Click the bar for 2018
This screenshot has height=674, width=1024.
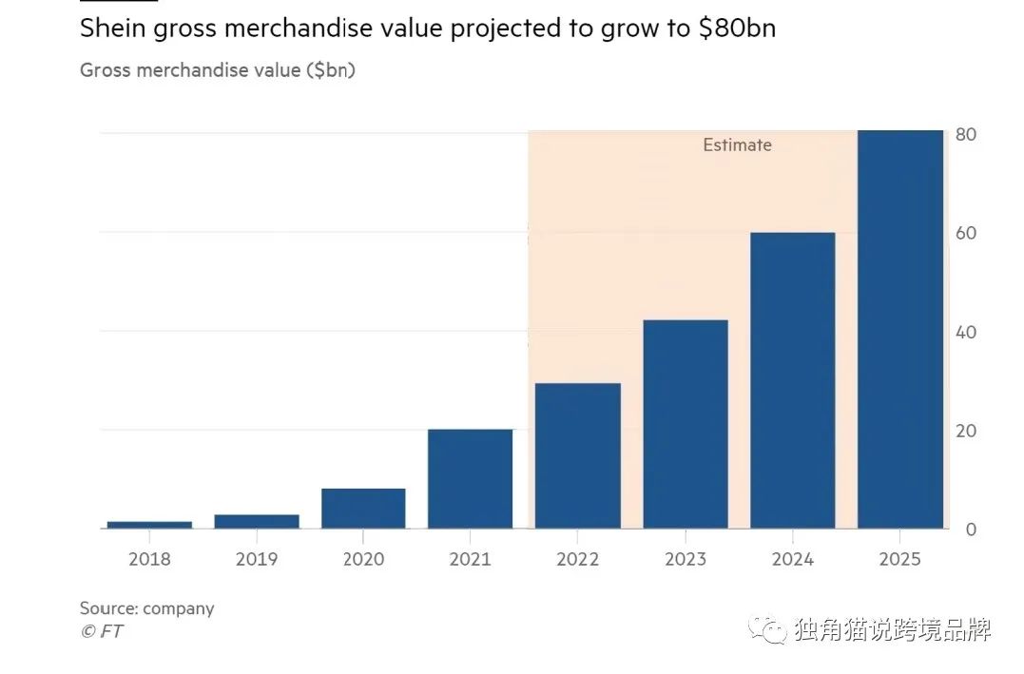pyautogui.click(x=149, y=524)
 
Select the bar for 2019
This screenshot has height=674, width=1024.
pyautogui.click(x=256, y=521)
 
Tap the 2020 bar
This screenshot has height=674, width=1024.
pyautogui.click(x=363, y=509)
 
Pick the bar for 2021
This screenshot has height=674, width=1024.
pyautogui.click(x=470, y=478)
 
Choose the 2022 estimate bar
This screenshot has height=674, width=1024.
pyautogui.click(x=577, y=455)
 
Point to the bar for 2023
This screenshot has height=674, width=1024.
pyautogui.click(x=685, y=424)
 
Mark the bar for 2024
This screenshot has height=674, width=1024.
pyautogui.click(x=792, y=380)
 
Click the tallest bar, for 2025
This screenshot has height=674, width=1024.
pyautogui.click(x=899, y=329)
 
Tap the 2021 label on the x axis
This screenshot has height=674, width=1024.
pyautogui.click(x=470, y=559)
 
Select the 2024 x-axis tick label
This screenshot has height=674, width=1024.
pyautogui.click(x=792, y=559)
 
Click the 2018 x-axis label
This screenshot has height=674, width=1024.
pyautogui.click(x=149, y=559)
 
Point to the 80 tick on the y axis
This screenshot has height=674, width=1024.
pyautogui.click(x=965, y=135)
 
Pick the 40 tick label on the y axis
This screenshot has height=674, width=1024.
pyautogui.click(x=965, y=333)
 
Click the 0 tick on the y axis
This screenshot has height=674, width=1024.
pyautogui.click(x=970, y=530)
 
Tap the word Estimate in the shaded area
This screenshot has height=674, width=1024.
pyautogui.click(x=737, y=145)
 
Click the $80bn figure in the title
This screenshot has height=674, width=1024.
pyautogui.click(x=737, y=29)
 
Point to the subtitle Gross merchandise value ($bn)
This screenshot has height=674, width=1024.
pyautogui.click(x=217, y=70)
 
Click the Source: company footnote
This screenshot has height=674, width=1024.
pyautogui.click(x=146, y=608)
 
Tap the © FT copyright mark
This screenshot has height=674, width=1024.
pyautogui.click(x=101, y=631)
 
